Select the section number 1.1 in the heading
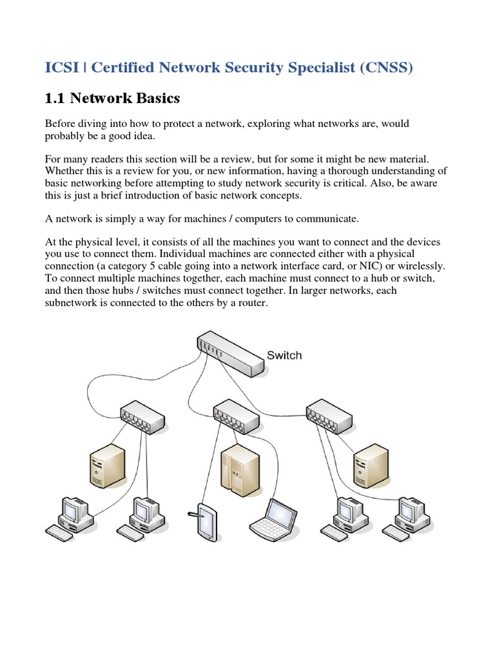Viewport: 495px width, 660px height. click(x=54, y=99)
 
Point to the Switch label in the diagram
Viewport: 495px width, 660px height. click(x=284, y=355)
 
